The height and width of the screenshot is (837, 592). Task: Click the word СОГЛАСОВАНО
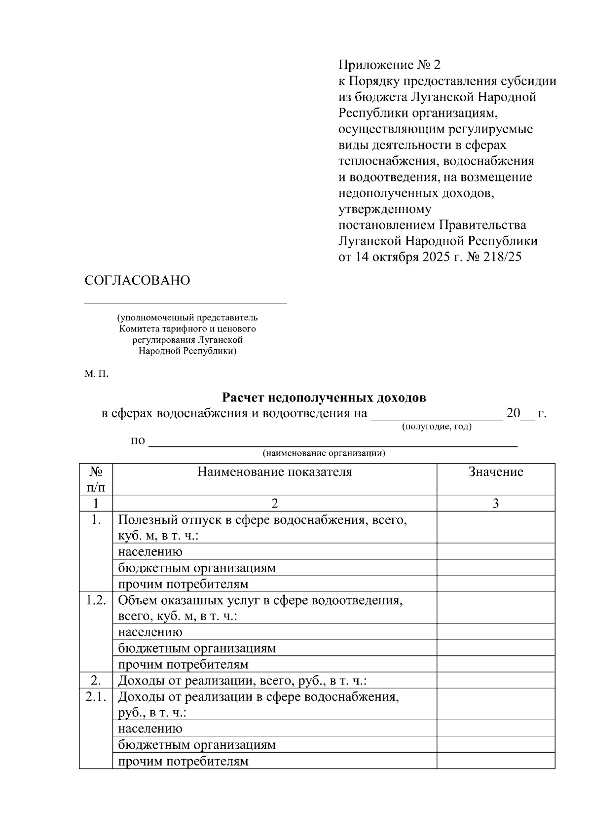[x=137, y=281]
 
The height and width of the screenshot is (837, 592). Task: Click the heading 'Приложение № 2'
[x=388, y=65]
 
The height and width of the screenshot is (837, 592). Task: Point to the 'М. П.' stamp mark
[x=96, y=374]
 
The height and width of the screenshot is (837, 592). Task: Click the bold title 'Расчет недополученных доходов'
[x=324, y=398]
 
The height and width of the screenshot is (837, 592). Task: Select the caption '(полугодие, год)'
[x=437, y=426]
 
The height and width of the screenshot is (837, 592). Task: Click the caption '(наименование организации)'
[x=324, y=453]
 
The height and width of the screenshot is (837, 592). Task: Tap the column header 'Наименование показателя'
[x=274, y=472]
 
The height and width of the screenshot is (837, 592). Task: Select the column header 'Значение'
[x=495, y=472]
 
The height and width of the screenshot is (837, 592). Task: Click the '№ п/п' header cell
[x=96, y=479]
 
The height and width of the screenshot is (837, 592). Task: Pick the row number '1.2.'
[x=96, y=600]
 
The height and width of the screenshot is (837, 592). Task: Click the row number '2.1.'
[x=96, y=697]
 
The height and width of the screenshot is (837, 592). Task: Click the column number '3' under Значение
[x=495, y=503]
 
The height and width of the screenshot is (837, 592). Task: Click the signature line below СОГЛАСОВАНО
[x=185, y=302]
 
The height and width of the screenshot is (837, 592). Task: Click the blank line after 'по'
[x=333, y=444]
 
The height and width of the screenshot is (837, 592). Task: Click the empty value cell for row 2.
[x=495, y=681]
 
